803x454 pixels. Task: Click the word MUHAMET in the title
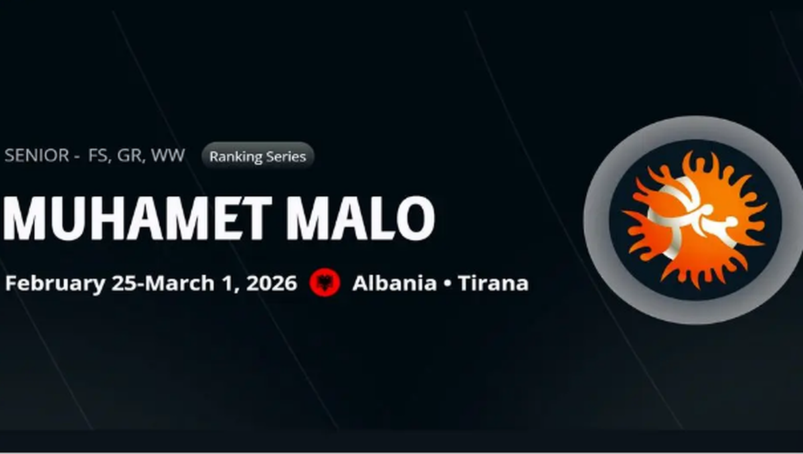137,218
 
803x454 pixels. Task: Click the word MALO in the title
361,218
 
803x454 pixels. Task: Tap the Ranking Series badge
258,156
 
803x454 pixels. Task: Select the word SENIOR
37,155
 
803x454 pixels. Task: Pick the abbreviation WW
168,155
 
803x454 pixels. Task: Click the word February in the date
55,284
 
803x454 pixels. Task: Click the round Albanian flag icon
325,283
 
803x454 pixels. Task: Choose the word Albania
395,283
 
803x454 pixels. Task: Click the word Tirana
493,283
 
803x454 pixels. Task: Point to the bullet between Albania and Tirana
448,284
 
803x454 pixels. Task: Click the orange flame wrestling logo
695,220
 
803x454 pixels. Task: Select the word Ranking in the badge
234,157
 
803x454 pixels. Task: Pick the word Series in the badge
284,156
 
